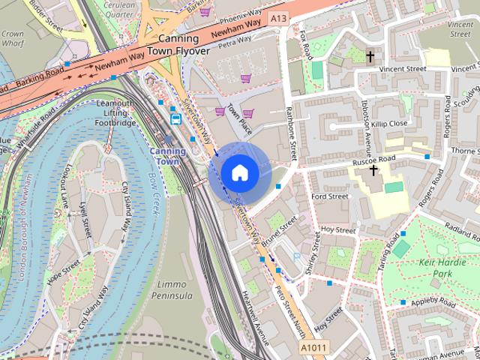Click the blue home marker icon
point(239,172)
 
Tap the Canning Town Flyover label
point(178,45)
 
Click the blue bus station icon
point(175,118)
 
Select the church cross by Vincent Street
point(370,56)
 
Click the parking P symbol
point(296,257)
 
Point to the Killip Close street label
point(388,123)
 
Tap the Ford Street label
point(330,196)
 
